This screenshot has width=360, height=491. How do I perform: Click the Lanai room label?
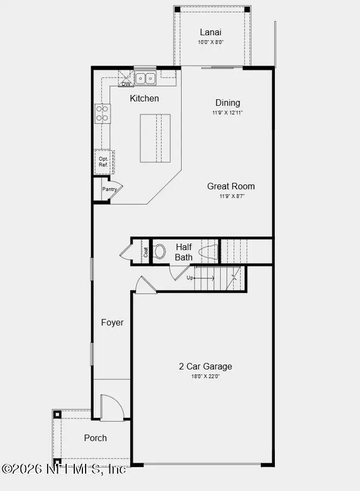(210, 33)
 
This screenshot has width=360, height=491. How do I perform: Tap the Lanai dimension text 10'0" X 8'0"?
(210, 42)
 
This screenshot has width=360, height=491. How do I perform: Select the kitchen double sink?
(145, 79)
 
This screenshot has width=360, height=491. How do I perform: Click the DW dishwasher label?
(126, 84)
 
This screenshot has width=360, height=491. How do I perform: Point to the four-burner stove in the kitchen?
(102, 113)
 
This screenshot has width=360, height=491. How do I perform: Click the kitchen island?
(155, 138)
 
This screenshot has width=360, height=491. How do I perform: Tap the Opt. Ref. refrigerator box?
(102, 162)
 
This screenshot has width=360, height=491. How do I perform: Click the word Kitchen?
(144, 98)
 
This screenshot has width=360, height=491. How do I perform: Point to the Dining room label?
(228, 103)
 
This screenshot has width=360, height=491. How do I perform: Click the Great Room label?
(231, 186)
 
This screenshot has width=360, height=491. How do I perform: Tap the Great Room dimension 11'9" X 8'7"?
(231, 196)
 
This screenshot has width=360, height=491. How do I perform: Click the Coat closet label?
(146, 252)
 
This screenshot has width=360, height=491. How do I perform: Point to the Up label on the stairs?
(190, 278)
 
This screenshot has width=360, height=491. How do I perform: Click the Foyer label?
(112, 322)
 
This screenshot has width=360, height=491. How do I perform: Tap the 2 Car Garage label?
(205, 366)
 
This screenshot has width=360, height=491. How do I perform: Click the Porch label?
(95, 438)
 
